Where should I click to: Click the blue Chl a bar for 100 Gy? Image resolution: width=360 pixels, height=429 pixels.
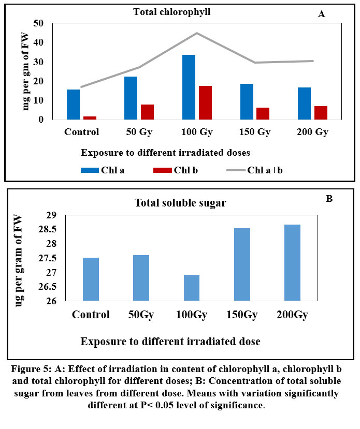[189, 87]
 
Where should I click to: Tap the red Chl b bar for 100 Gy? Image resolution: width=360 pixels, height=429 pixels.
[205, 102]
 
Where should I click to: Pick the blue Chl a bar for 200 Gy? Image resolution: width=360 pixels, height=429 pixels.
[304, 103]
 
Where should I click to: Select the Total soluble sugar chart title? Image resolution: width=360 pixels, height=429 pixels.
[180, 203]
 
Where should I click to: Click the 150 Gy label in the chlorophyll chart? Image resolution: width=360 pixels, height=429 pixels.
[255, 131]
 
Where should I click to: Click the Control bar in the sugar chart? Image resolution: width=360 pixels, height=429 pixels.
[90, 279]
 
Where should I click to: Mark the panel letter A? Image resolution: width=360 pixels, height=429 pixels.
[321, 14]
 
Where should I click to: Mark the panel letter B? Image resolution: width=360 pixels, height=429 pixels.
[328, 198]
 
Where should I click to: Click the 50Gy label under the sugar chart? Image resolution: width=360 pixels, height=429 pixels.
[141, 315]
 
